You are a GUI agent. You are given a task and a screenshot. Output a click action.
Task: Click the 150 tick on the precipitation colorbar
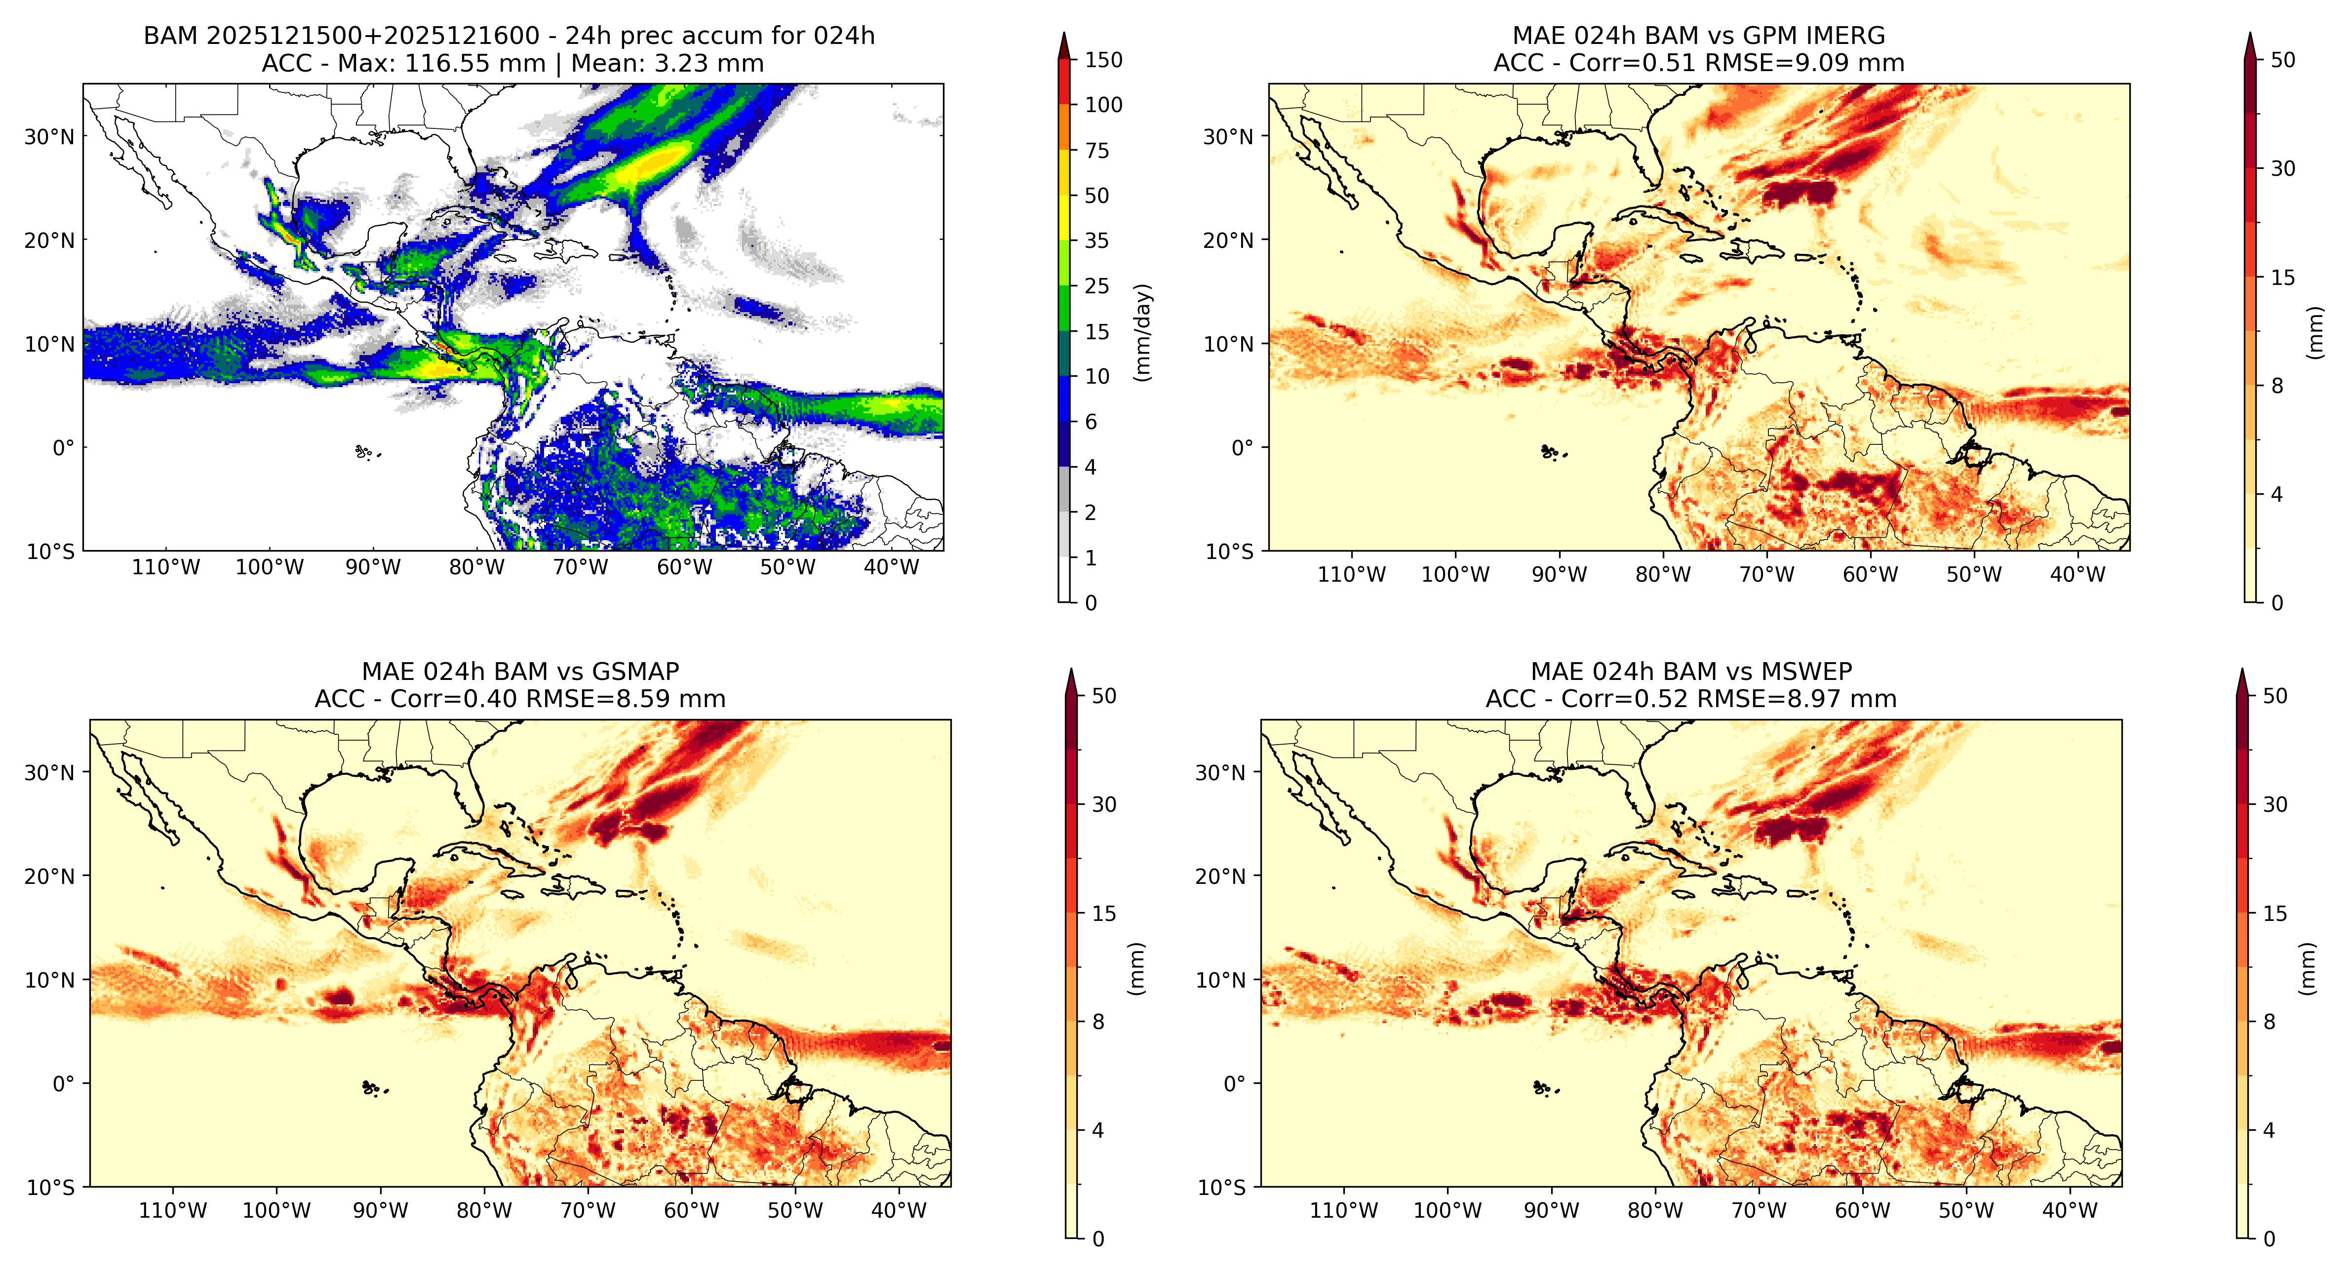[x=1103, y=60]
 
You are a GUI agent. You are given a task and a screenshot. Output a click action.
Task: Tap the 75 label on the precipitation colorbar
[x=1097, y=151]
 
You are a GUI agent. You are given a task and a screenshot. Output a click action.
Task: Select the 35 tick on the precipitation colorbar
[x=1097, y=241]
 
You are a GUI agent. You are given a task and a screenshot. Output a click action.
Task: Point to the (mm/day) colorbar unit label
[x=1142, y=332]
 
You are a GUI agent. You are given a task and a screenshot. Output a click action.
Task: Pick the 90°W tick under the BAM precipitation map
[x=373, y=567]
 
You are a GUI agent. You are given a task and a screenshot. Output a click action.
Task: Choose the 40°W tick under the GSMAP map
[x=899, y=1211]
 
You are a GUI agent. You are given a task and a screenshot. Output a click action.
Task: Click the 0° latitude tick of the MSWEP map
[x=1234, y=1084]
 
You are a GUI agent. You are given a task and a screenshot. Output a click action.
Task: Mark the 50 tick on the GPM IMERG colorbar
[x=2282, y=60]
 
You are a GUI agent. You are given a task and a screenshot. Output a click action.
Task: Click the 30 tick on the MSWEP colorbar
[x=2275, y=805]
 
